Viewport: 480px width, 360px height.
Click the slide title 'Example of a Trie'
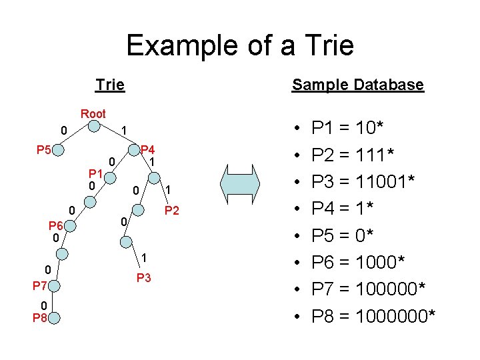tap(240, 46)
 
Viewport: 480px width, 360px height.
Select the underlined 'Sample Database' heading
tap(357, 85)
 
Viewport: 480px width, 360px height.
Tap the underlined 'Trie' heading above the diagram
tap(110, 85)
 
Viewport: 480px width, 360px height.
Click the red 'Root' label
tap(93, 114)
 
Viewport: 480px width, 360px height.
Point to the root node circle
tap(95, 129)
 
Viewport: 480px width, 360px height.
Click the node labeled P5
tap(61, 151)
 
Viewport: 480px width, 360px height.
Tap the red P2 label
tap(172, 211)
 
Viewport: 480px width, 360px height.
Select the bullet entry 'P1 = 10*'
tap(347, 127)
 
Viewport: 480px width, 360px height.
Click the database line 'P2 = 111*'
tap(353, 154)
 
